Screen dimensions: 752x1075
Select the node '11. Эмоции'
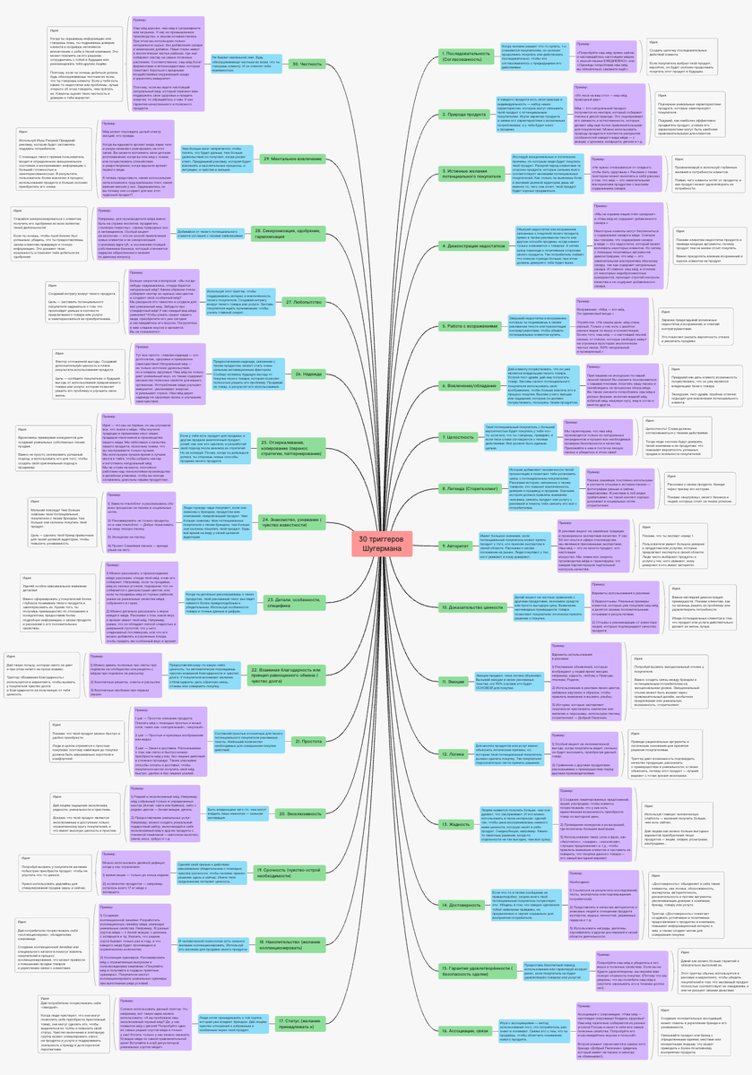click(x=454, y=657)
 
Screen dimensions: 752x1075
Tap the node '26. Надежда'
click(x=303, y=373)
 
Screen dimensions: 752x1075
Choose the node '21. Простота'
click(x=302, y=741)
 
